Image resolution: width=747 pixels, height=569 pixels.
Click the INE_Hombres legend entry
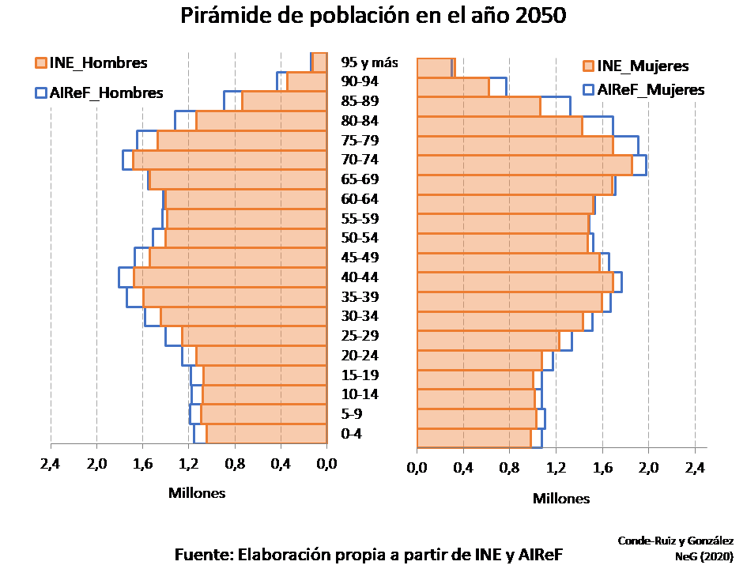pyautogui.click(x=91, y=63)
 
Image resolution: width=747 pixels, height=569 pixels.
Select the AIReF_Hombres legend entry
pyautogui.click(x=99, y=92)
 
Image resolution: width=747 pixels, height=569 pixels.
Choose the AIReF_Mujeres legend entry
pyautogui.click(x=643, y=89)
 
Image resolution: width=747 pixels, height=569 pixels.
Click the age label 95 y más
pyautogui.click(x=369, y=62)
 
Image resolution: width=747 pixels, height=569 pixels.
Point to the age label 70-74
pyautogui.click(x=360, y=160)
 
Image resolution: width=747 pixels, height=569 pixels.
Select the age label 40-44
pyautogui.click(x=360, y=277)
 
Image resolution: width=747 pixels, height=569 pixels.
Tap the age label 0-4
pyautogui.click(x=352, y=434)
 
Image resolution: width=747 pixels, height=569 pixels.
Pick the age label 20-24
pyautogui.click(x=360, y=356)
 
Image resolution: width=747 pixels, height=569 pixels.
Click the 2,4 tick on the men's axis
pyautogui.click(x=51, y=463)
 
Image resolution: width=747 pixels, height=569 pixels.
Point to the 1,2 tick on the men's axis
pyautogui.click(x=189, y=463)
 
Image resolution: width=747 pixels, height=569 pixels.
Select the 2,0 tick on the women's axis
pyautogui.click(x=648, y=468)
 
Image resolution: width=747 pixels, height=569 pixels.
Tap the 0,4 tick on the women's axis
pyautogui.click(x=463, y=468)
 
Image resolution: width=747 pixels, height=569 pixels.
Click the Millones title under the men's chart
pyautogui.click(x=197, y=493)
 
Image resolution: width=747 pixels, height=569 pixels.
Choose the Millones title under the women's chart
pyautogui.click(x=561, y=499)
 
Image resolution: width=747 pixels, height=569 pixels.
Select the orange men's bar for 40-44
pyautogui.click(x=230, y=277)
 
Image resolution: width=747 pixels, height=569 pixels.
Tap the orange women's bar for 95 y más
pyautogui.click(x=435, y=68)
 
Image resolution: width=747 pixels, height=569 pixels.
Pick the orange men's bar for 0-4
pyautogui.click(x=266, y=434)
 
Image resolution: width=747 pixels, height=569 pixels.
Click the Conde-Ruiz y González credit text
pyautogui.click(x=675, y=541)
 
